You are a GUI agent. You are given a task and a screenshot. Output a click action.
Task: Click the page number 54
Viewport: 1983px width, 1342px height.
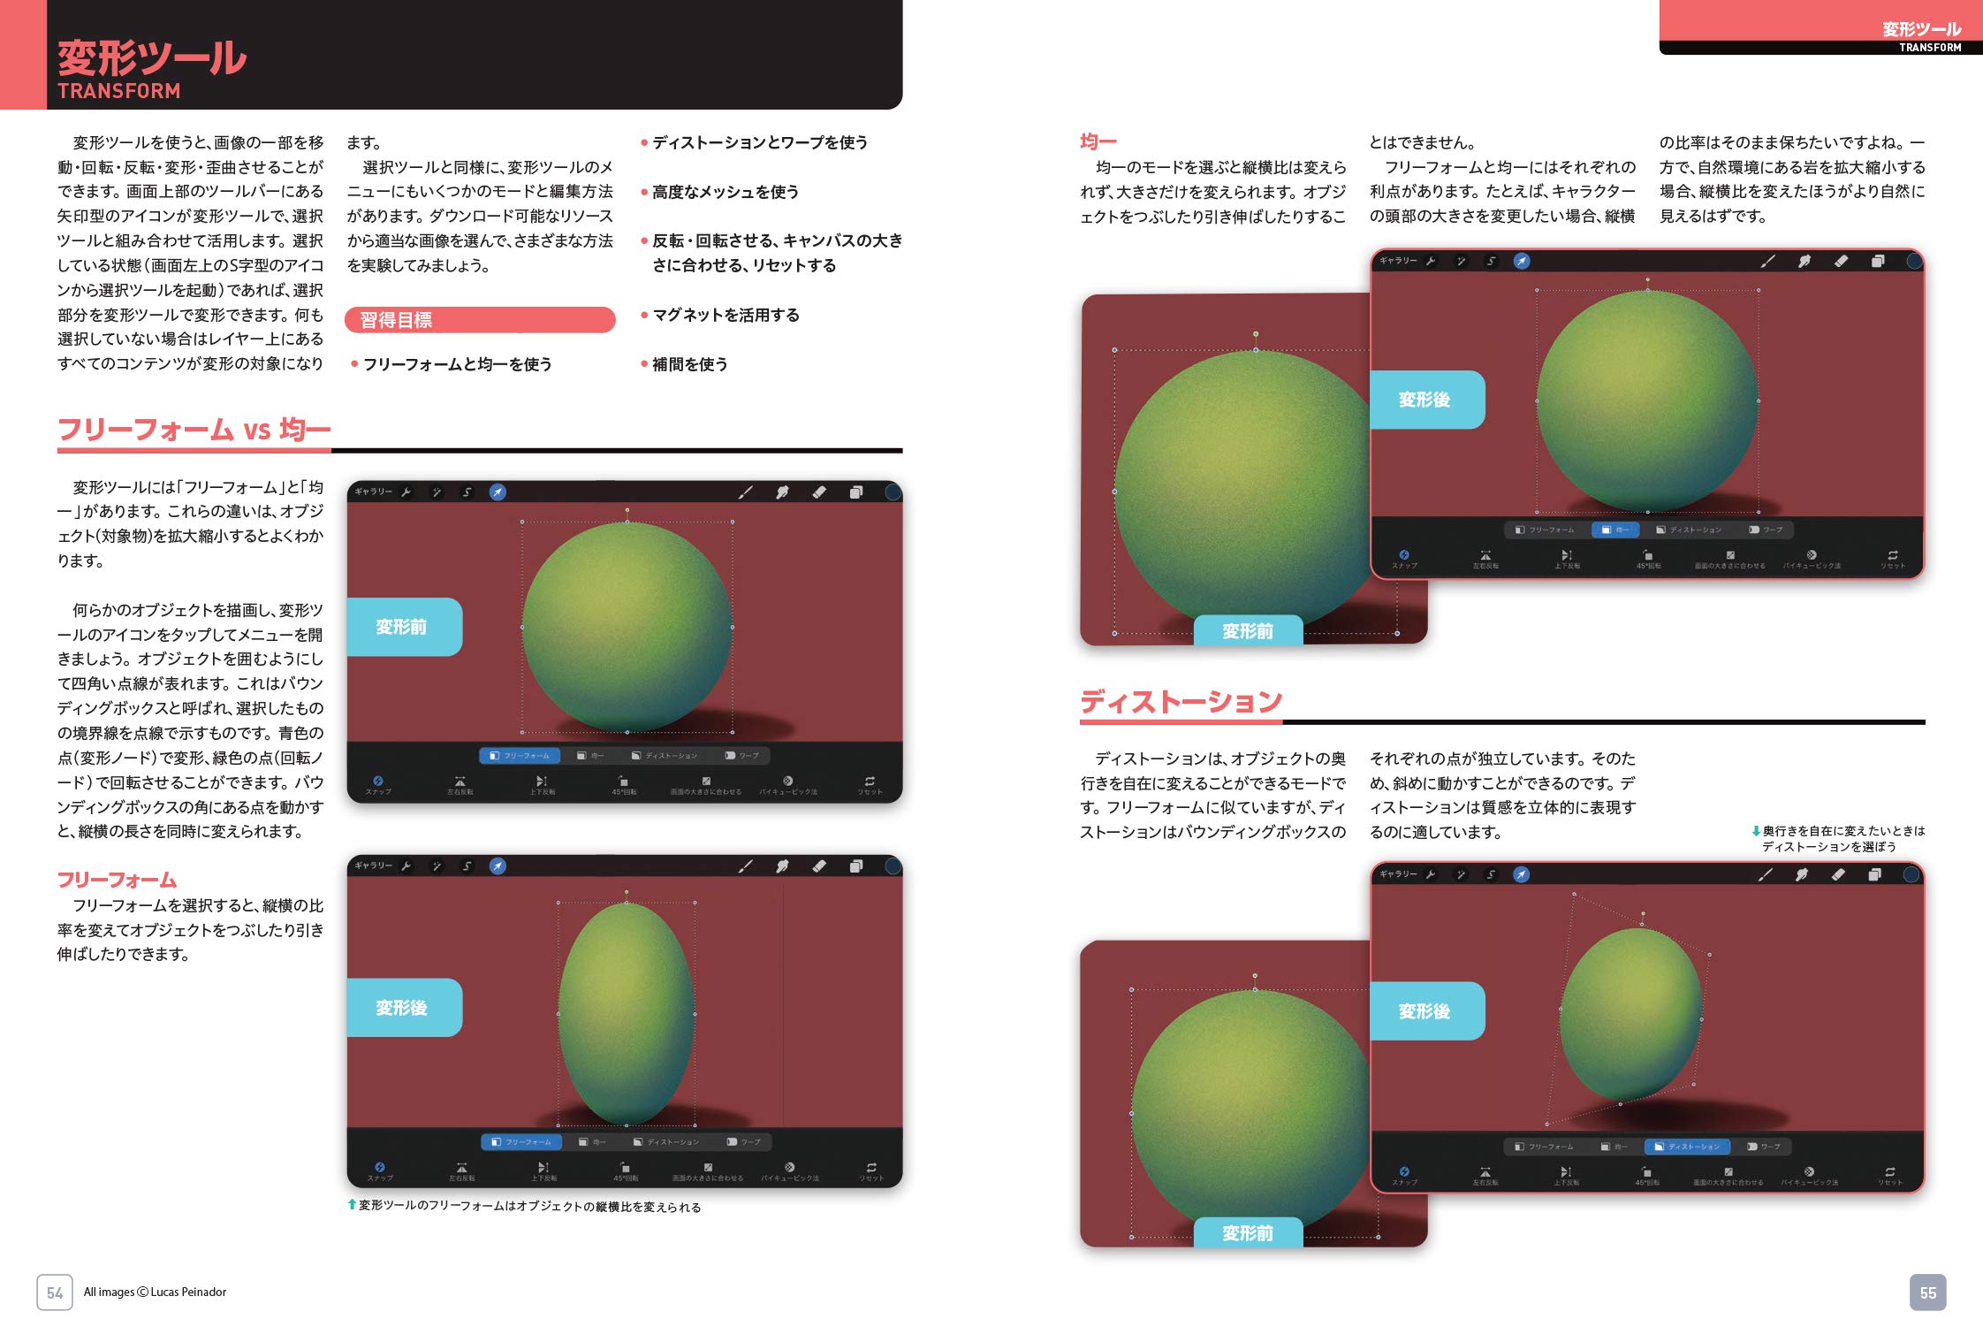coord(55,1292)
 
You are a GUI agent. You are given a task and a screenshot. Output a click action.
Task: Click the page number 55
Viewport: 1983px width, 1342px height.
coord(1927,1292)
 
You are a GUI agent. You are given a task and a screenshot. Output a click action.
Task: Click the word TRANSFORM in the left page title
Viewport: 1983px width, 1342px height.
coord(118,91)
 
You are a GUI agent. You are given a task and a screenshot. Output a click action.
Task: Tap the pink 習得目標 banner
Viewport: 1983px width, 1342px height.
coord(480,320)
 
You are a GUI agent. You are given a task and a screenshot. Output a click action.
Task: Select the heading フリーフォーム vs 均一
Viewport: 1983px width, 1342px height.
coord(194,430)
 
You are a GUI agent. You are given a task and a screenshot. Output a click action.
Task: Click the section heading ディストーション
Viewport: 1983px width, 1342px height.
coord(1181,702)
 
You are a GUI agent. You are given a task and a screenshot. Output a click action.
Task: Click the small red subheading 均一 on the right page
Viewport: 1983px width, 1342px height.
coord(1098,141)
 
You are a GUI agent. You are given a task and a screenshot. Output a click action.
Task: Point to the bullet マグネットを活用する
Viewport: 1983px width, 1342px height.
coord(725,315)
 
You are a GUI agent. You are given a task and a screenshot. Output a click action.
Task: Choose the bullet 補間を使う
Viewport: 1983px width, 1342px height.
coord(689,364)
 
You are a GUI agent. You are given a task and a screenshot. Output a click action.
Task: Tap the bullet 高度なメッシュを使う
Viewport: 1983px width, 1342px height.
coord(725,192)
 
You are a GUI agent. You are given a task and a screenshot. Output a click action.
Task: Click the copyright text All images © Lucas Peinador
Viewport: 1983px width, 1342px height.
coord(155,1292)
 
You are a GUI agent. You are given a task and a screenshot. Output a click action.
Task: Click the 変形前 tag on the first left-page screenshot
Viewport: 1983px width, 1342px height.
coord(402,627)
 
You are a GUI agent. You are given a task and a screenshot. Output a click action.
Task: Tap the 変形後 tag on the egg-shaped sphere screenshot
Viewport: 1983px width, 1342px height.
coord(402,1008)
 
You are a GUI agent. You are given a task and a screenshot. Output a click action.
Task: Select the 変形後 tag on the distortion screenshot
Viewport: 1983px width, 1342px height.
coord(1425,1011)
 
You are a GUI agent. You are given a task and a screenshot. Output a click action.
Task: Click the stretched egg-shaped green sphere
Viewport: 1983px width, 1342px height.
coord(627,1012)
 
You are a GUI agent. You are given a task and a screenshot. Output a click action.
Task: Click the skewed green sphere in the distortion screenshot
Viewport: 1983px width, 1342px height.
coord(1630,1012)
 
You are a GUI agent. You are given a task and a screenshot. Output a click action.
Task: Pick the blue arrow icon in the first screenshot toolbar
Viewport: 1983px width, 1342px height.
coord(498,492)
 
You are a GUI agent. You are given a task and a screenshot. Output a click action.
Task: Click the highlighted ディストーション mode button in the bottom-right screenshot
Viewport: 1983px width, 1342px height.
coord(1687,1147)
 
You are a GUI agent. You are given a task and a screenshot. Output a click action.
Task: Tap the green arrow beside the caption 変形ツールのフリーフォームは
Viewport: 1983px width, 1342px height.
coord(352,1204)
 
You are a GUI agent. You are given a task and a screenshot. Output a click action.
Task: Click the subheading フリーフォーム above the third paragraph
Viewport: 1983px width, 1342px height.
coord(117,881)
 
